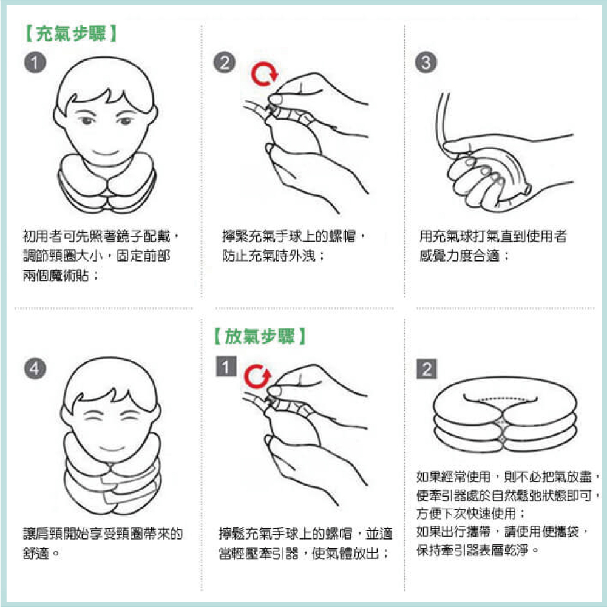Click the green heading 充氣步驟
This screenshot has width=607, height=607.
coord(71,33)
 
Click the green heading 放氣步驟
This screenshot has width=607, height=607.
coord(260,336)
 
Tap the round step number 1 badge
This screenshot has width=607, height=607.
coord(35,63)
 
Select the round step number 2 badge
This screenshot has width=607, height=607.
coord(225,63)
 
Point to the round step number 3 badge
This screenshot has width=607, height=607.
coord(426,63)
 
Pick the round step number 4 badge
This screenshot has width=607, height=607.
coord(35,368)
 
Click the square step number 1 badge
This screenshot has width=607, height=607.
coord(226,366)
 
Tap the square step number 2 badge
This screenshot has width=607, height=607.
coord(427,369)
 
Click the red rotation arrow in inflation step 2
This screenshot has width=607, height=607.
coord(265,74)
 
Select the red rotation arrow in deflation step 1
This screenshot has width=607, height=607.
coord(257,377)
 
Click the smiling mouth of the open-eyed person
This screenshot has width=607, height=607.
coord(105,152)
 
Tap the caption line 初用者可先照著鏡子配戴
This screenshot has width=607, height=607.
coord(97,236)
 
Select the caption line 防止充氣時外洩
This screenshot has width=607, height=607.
coord(269,256)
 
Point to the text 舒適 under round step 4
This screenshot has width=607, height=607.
coord(36,553)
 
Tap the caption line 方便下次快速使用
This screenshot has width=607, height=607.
coord(466,514)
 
